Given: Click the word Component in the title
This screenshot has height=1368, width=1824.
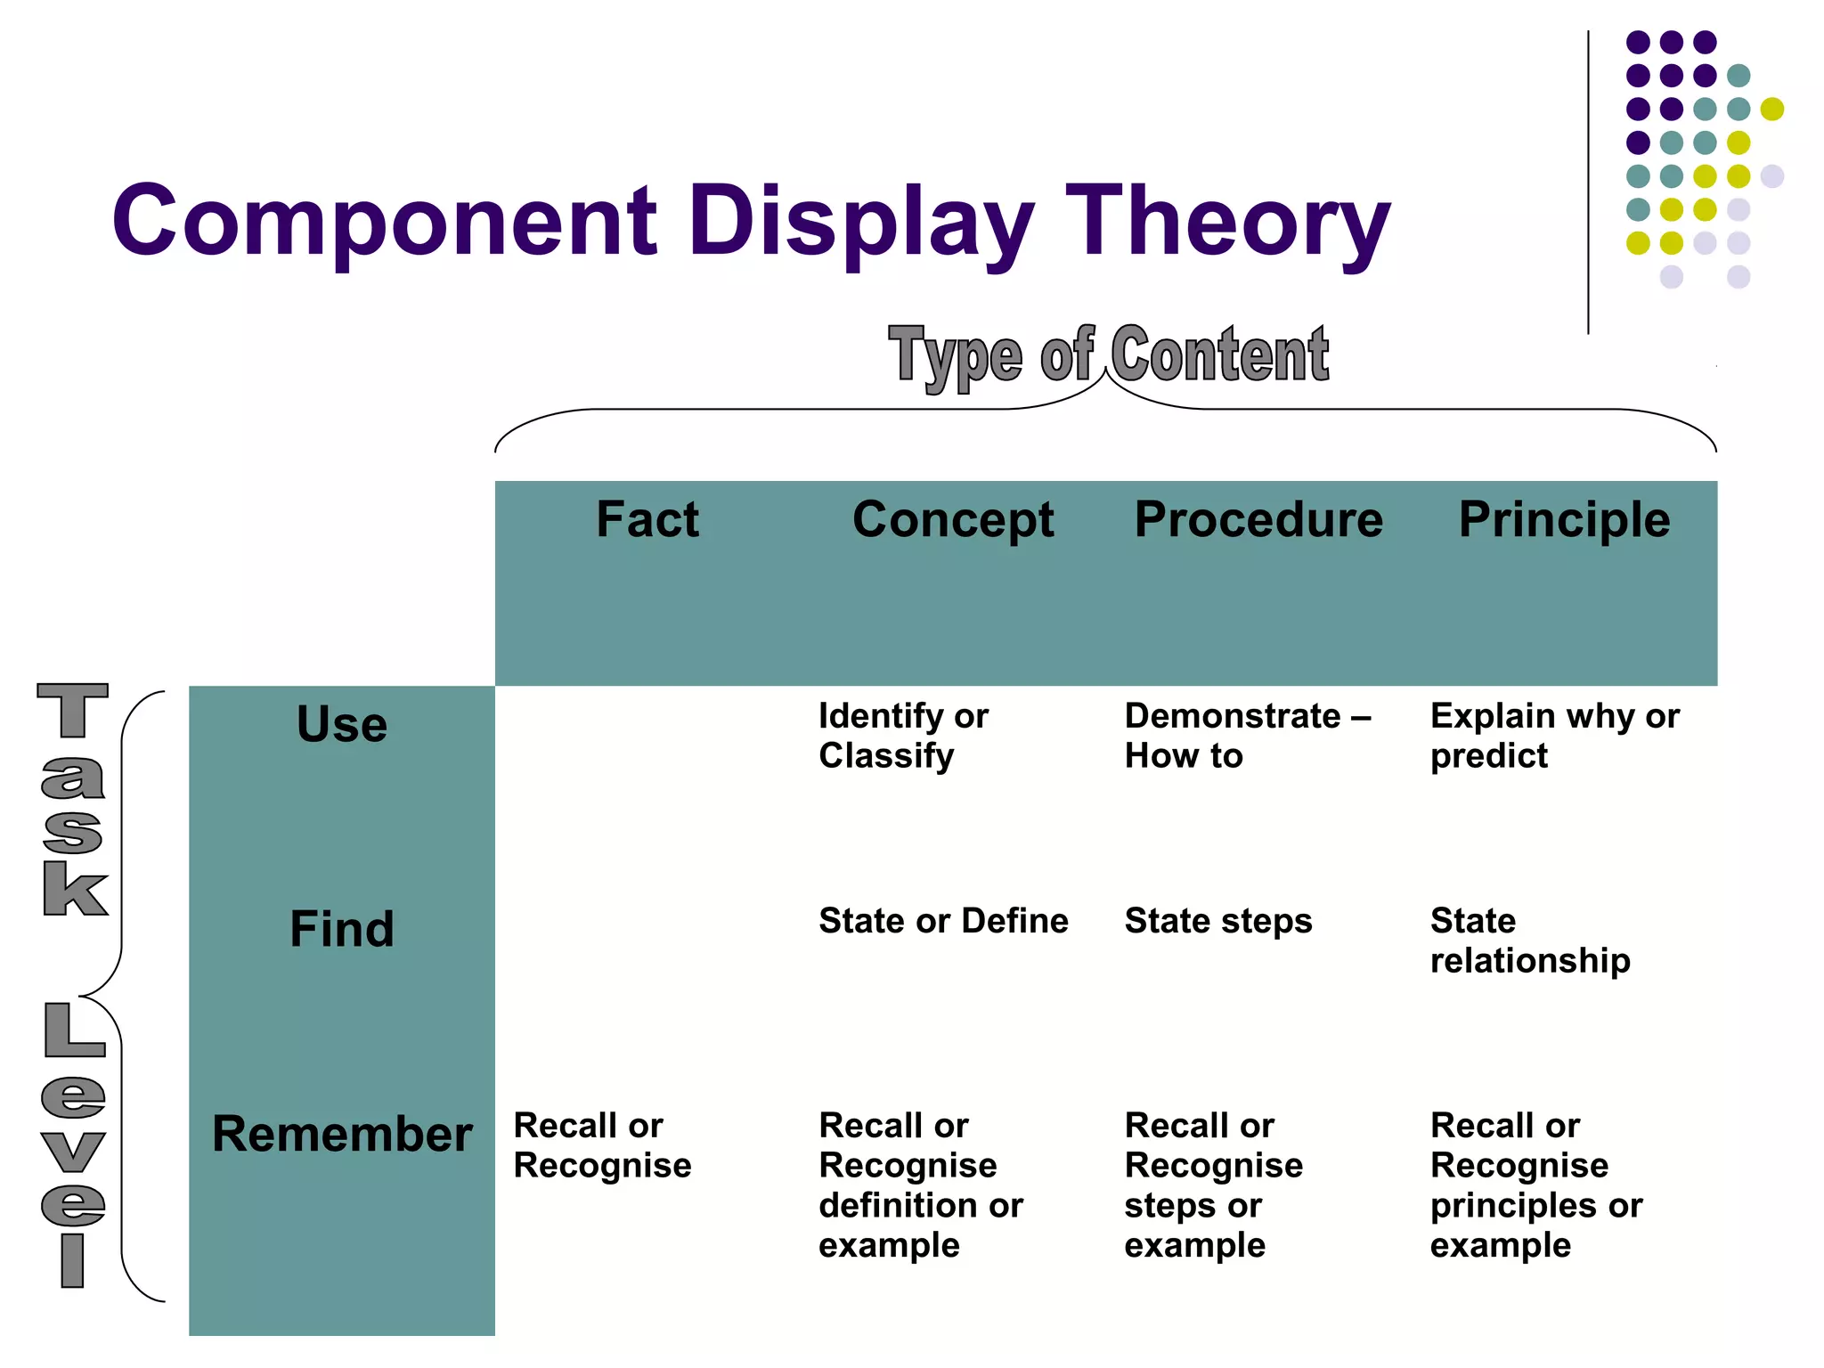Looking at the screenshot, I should coord(385,220).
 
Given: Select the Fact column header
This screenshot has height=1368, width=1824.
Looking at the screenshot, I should coord(647,519).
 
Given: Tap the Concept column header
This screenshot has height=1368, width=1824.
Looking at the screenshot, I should coord(953,519).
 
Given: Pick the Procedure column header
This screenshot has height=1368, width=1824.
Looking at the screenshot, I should coord(1258,519).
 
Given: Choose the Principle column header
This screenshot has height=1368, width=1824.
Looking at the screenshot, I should coord(1564,519).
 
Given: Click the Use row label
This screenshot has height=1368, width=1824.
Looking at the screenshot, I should coord(342,724).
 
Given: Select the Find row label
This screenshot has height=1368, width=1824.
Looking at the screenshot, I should coord(342,929).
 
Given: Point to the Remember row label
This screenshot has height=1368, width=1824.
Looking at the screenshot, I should coord(342,1134).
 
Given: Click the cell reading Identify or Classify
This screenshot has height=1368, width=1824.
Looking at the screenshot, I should coord(903,736).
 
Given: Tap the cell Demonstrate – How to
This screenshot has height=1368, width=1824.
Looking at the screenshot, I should coord(1247,736).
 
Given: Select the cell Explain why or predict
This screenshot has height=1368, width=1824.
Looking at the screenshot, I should coord(1554,736).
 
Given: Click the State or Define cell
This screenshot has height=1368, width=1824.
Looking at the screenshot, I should coord(943,921).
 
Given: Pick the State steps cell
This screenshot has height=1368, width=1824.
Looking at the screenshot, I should coord(1217,921).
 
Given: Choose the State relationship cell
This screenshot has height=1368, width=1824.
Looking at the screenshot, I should coord(1529,940).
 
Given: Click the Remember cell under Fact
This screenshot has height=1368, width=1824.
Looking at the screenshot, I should coord(602,1145).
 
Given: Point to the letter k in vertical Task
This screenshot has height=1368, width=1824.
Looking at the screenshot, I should coord(75,888).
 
